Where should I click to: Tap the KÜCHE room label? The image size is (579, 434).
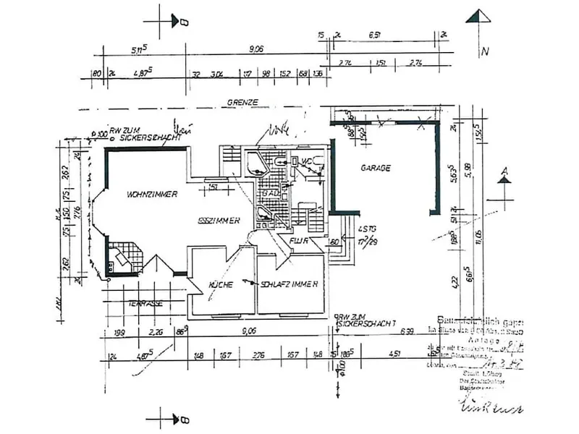click(x=220, y=285)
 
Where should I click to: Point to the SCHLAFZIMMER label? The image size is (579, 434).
click(x=289, y=285)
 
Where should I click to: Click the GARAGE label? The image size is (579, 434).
click(x=376, y=168)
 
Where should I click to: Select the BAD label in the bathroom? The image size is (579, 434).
click(x=271, y=195)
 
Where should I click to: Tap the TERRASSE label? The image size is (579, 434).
click(x=144, y=305)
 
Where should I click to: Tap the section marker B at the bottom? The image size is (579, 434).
click(x=184, y=420)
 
